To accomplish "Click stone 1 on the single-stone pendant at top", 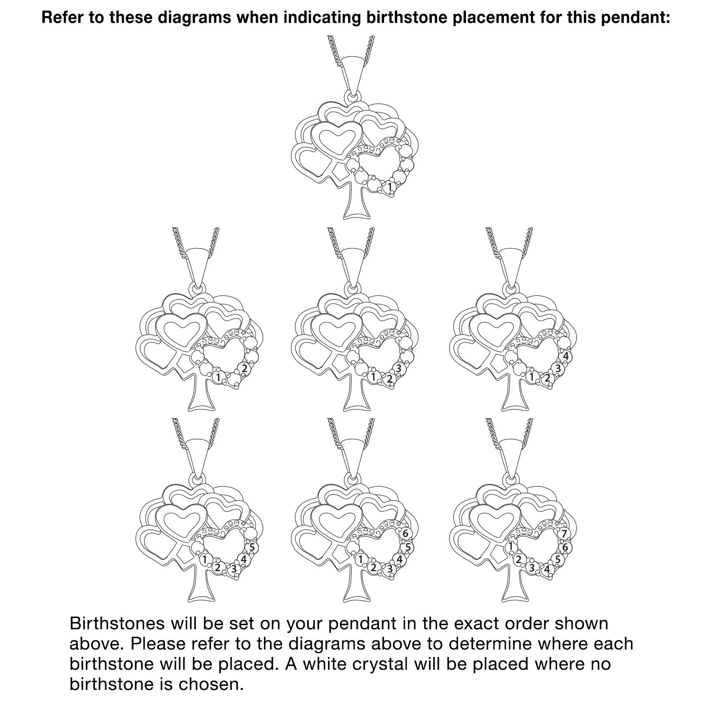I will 390,188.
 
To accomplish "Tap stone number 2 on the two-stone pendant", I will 244,368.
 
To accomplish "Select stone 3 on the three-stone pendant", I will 399,368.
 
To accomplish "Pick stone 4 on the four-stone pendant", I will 565,356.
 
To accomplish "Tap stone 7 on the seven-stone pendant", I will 564,534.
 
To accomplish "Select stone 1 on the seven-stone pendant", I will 510,547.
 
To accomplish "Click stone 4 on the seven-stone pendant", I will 547,569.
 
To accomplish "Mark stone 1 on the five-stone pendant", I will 205,559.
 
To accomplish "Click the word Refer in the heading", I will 59,18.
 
